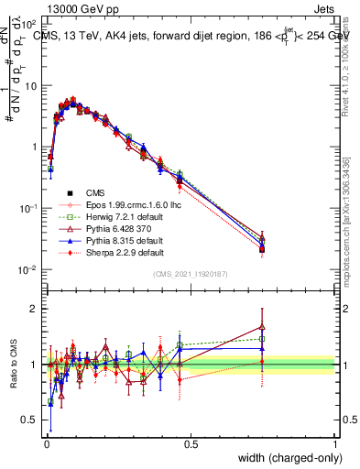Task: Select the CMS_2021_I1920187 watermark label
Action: [190, 274]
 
